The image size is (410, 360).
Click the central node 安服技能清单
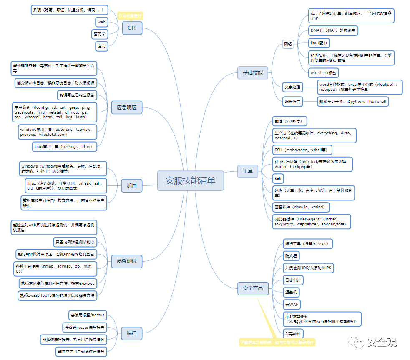click(191, 180)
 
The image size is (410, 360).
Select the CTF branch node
click(132, 28)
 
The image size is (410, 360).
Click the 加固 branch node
click(132, 185)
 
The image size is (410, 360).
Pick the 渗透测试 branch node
click(127, 261)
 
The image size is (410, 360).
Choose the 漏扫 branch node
click(132, 332)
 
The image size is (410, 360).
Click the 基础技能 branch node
click(253, 72)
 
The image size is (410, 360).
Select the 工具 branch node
click(248, 171)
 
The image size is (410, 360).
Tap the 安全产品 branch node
click(253, 288)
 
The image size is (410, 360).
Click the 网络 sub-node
click(288, 44)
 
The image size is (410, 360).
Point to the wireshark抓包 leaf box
click(324, 72)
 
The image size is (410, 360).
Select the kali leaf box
click(278, 178)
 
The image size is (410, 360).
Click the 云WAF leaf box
click(292, 305)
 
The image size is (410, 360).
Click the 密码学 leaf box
click(100, 34)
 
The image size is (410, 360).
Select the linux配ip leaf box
click(320, 43)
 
